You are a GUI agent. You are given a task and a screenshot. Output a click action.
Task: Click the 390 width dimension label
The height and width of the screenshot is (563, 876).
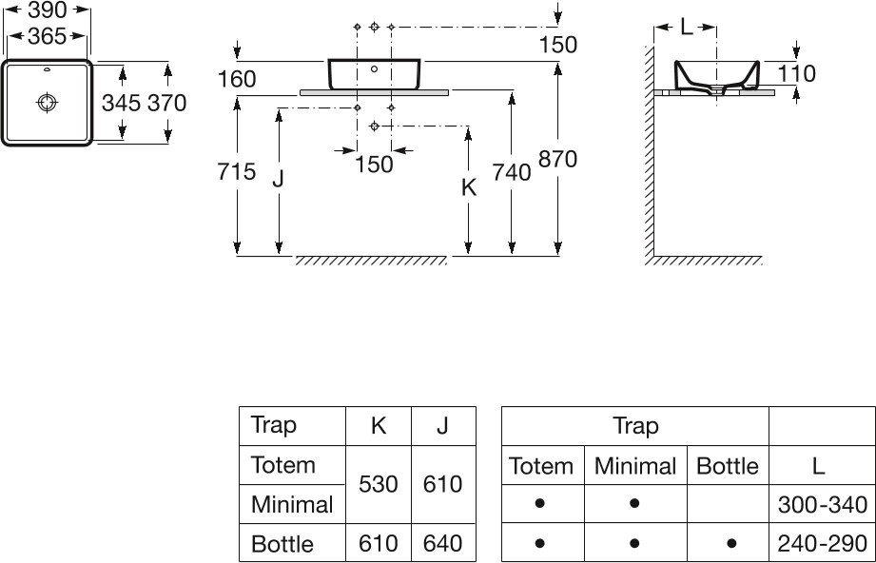point(48,10)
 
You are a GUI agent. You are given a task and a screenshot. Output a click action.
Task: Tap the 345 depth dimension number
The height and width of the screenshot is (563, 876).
point(121,103)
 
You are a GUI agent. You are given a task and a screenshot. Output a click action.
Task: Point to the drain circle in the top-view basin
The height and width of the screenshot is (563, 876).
point(47,102)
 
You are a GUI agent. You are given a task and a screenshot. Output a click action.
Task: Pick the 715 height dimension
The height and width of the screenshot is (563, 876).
point(236,172)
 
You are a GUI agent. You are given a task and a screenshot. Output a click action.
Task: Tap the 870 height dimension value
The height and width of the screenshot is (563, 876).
point(557,161)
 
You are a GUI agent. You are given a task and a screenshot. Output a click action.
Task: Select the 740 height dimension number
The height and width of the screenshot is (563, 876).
point(512,172)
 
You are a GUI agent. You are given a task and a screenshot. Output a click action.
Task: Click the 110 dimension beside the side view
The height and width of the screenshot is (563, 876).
point(796,73)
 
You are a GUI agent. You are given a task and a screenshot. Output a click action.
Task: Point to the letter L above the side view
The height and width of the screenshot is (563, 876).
point(686,29)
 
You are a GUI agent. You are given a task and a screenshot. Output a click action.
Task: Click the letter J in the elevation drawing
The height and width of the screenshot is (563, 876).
point(279,179)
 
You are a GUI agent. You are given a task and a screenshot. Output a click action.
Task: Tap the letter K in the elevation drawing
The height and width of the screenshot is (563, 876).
point(468,188)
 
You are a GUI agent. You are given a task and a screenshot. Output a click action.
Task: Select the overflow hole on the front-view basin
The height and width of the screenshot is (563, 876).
point(374,68)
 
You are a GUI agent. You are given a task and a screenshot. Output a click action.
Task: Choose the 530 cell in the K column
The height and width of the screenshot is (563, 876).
point(378,484)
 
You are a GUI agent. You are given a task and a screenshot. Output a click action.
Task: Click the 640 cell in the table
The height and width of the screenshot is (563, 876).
point(442,544)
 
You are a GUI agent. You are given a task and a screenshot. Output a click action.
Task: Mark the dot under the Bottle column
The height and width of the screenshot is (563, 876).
point(728,544)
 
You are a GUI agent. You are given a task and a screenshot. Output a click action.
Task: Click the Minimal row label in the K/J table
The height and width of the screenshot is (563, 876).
point(291,504)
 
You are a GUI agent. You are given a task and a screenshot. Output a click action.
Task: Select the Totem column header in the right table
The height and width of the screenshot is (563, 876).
point(541,466)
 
